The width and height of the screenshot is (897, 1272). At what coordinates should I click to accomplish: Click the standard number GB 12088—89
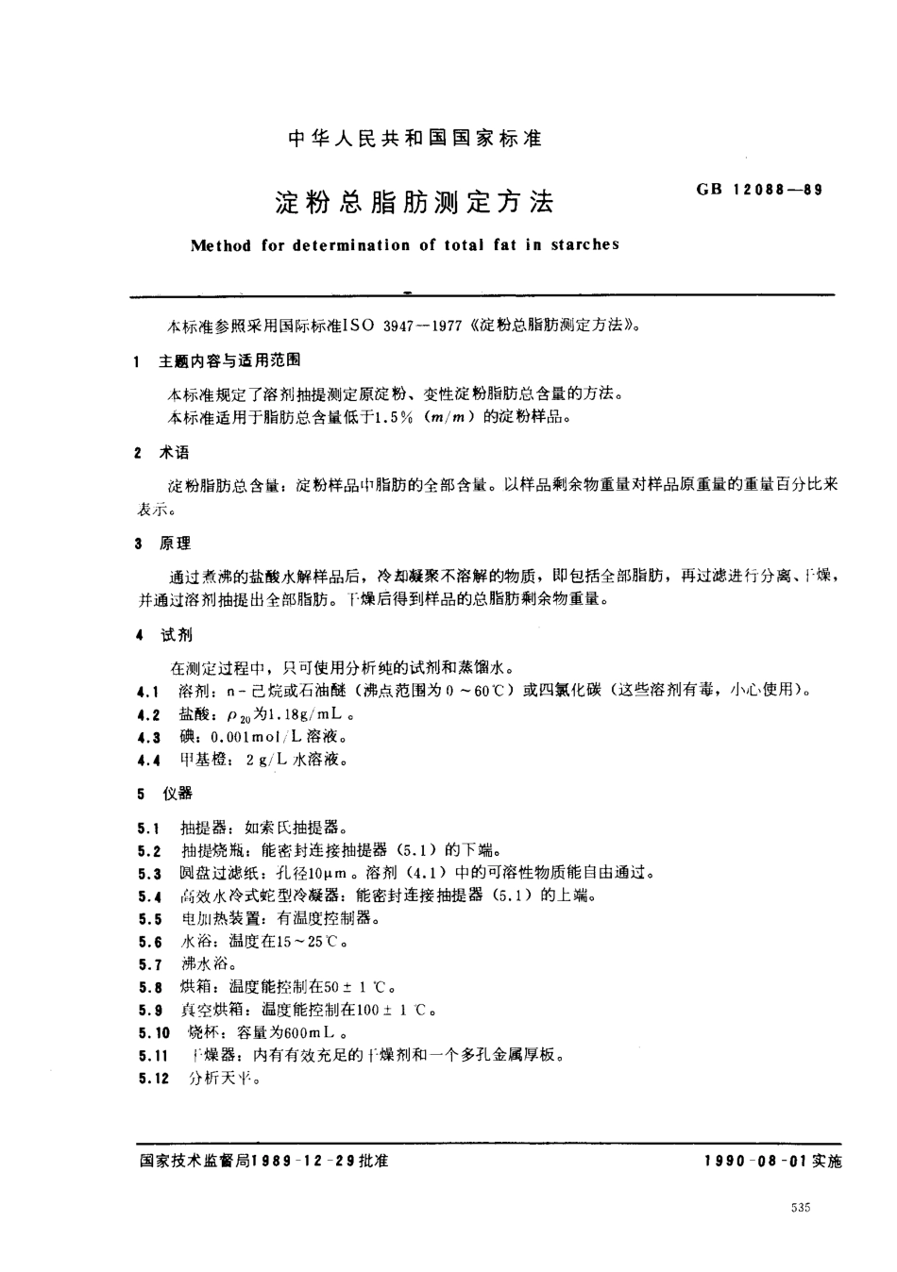tap(760, 189)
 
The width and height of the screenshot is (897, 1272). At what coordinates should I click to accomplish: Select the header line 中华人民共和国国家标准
tap(415, 139)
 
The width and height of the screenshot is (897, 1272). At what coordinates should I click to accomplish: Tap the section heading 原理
tap(175, 544)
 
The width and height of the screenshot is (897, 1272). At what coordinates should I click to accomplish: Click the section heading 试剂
tap(175, 635)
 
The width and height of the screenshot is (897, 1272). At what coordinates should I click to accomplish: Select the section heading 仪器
tap(176, 795)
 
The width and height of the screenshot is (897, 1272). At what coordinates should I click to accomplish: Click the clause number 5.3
tap(149, 874)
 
